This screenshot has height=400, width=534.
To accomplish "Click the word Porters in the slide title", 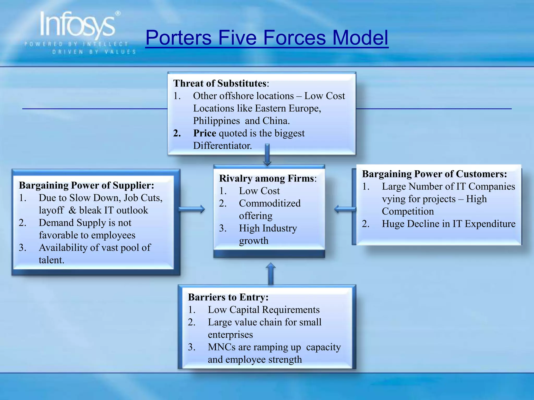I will pyautogui.click(x=178, y=38).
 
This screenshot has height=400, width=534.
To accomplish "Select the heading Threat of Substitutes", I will pyautogui.click(x=220, y=84).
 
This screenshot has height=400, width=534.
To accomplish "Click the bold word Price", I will pyautogui.click(x=204, y=133).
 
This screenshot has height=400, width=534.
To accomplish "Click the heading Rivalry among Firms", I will pyautogui.click(x=267, y=179).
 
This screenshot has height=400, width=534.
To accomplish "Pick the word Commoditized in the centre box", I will pyautogui.click(x=270, y=203).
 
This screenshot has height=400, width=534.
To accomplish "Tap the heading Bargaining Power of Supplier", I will pyautogui.click(x=86, y=185).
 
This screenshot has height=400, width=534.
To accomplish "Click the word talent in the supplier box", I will pyautogui.click(x=51, y=260).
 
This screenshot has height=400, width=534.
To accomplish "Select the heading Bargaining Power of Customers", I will pyautogui.click(x=434, y=174).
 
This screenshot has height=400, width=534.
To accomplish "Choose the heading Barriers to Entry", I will pyautogui.click(x=228, y=297).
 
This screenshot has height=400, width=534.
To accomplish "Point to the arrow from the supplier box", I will pyautogui.click(x=192, y=209).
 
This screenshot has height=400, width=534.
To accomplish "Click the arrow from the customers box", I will pyautogui.click(x=345, y=209).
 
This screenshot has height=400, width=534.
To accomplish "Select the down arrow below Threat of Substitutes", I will pyautogui.click(x=267, y=155).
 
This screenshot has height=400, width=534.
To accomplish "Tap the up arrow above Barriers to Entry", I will pyautogui.click(x=271, y=273).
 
